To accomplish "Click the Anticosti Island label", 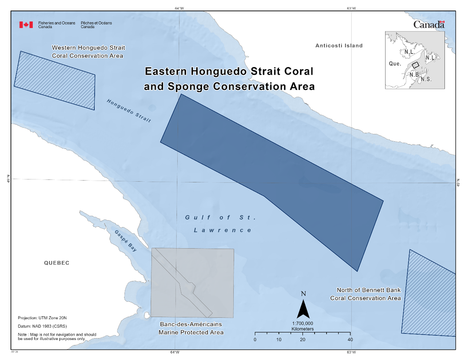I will coord(339,45).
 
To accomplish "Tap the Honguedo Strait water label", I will coord(129,111).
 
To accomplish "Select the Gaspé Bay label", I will coord(126,241).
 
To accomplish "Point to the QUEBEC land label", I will coord(56,263).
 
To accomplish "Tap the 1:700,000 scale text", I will coord(302,323).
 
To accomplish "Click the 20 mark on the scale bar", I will coord(303,340).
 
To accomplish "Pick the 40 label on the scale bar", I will coord(350,340).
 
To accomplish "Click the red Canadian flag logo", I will coord(26,25).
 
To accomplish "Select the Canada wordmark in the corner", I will coord(429,25).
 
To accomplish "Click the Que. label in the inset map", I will coord(395,64).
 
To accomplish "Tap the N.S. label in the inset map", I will coord(426,79).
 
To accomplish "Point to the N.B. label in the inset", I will coord(414,75).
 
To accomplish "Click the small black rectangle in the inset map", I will coord(415,65).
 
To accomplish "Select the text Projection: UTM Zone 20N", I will coord(42,318).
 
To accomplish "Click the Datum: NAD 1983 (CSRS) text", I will coord(42,326).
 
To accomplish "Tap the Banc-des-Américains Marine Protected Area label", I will coord(191,328).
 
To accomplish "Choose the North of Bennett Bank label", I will coord(365,294).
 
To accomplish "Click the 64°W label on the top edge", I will coord(179,8).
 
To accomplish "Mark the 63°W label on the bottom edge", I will coord(351,352).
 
